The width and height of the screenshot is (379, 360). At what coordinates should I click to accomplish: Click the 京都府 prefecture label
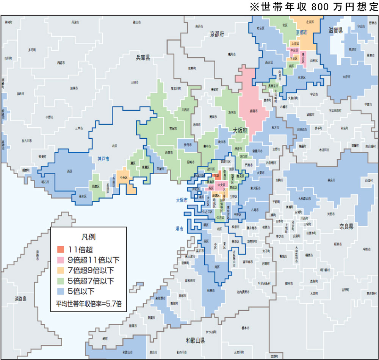tap(217, 34)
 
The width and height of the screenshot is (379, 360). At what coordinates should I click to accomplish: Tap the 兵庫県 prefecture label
tap(143, 58)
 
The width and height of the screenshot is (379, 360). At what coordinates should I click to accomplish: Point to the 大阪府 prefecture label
tap(240, 130)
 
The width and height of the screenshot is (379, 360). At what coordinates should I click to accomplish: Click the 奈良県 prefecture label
tap(346, 226)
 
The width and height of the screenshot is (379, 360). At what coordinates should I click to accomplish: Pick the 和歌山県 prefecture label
tap(195, 340)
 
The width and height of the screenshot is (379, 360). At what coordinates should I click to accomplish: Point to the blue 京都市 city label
tap(302, 33)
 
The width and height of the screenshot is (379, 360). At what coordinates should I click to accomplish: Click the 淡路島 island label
tap(19, 298)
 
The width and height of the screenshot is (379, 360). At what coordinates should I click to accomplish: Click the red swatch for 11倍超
tap(61, 249)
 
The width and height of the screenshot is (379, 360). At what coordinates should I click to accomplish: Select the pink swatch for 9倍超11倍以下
tap(61, 260)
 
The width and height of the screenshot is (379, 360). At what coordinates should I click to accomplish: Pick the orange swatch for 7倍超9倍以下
tap(61, 271)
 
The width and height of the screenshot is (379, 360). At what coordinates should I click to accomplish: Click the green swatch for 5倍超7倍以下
tap(61, 281)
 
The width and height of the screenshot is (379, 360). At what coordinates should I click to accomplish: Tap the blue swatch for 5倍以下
tap(61, 292)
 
